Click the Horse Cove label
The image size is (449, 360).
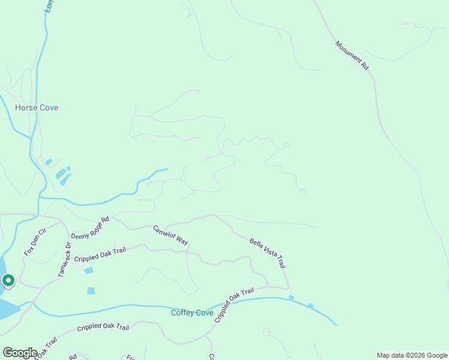[37, 108]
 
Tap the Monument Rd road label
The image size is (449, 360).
[352, 55]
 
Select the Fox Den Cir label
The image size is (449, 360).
[35, 242]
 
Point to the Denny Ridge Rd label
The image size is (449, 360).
[90, 228]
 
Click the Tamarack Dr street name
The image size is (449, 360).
[65, 259]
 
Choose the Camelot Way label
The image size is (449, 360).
[170, 235]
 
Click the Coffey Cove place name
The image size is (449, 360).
[192, 313]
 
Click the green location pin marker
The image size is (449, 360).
[8, 281]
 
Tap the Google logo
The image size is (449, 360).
[20, 353]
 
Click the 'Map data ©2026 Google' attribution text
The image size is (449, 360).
[412, 355]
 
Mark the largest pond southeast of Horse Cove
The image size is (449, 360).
[61, 175]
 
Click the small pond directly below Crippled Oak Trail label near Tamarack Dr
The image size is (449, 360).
[89, 271]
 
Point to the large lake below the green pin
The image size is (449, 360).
[7, 308]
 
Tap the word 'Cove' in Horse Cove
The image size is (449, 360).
[49, 108]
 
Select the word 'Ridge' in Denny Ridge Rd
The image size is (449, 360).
[91, 228]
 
